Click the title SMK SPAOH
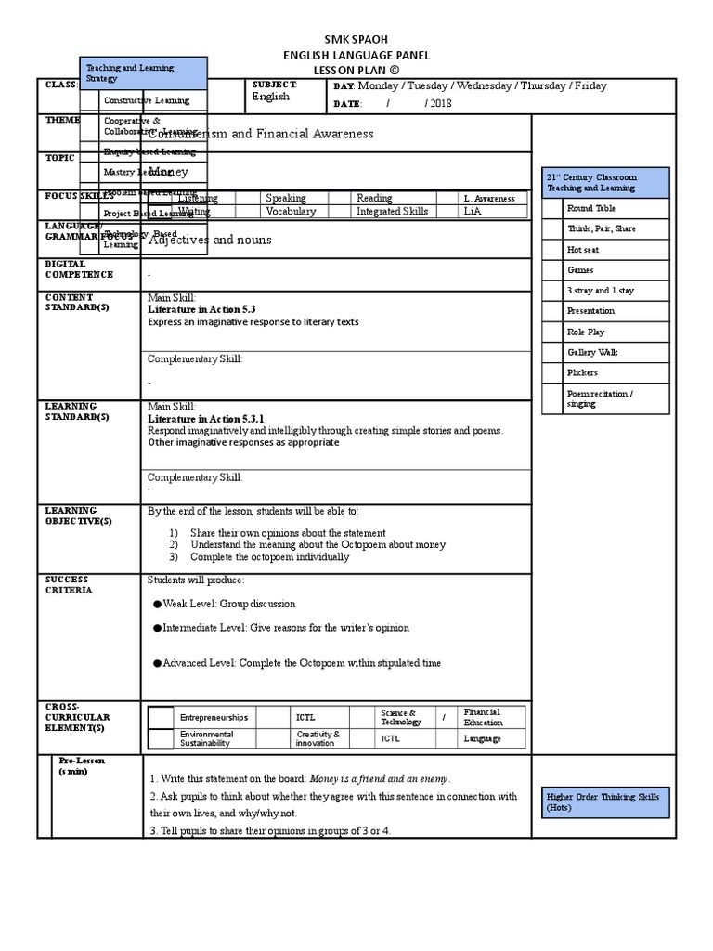tap(356, 38)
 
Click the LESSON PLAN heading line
tap(356, 69)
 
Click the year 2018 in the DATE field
tap(440, 103)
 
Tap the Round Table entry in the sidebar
tap(590, 209)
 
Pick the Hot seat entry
tap(584, 250)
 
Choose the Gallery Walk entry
tap(592, 353)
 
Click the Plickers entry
tap(582, 373)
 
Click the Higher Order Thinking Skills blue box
tap(604, 802)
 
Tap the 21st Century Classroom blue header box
tap(604, 182)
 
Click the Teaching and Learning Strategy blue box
tap(144, 73)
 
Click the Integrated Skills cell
tap(393, 212)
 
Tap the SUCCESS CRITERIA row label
tap(68, 585)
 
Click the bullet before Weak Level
tap(157, 604)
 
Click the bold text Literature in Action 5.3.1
tap(206, 419)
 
